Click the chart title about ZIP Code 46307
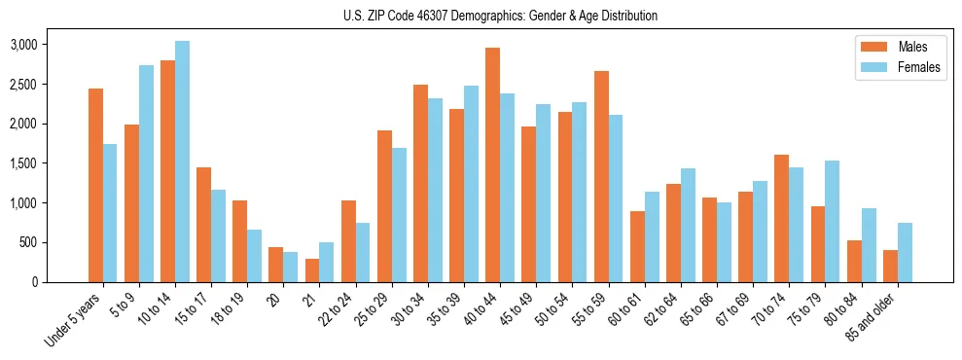[x=500, y=16]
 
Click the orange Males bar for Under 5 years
[x=95, y=185]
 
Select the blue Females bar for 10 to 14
[x=183, y=162]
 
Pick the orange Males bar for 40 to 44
[x=493, y=164]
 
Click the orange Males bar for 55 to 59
[x=601, y=176]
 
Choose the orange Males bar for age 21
[x=312, y=270]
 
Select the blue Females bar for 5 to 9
[x=147, y=173]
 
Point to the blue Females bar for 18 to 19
[x=255, y=256]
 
